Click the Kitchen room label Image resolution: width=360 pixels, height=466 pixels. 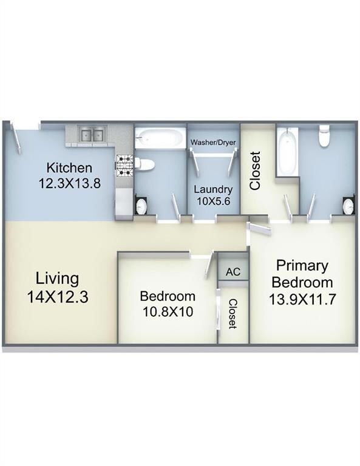pos(70,167)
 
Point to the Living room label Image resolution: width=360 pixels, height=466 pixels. pos(57,279)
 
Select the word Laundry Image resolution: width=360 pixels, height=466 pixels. pos(212,189)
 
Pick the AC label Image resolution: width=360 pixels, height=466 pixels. pos(233,272)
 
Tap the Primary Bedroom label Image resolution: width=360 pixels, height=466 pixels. pos(302,274)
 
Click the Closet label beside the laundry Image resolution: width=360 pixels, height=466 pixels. pos(256,170)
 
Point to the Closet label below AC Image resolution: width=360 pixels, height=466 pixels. pos(233,314)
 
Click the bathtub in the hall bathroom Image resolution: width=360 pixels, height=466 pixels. pos(159,138)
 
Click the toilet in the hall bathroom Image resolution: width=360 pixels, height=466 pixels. pos(144,164)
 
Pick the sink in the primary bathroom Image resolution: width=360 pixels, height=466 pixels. pos(349,207)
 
